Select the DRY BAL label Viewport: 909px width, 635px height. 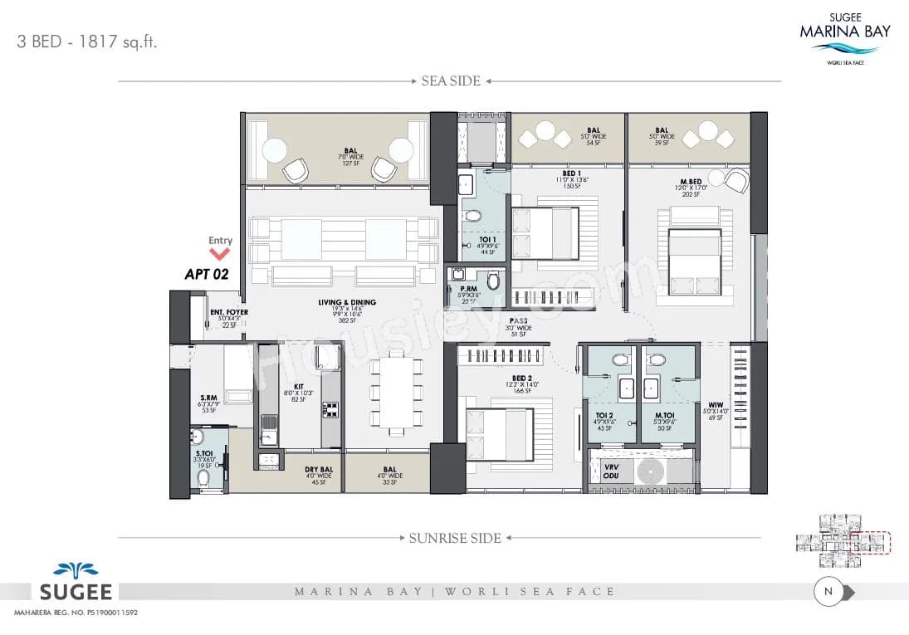pos(319,470)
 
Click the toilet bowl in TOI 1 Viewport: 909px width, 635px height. pos(473,216)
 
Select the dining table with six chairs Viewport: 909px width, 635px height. pos(394,394)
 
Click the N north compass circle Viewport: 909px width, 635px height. pos(828,592)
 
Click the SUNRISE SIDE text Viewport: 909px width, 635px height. pos(455,538)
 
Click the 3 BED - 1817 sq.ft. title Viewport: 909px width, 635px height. pos(87,42)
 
